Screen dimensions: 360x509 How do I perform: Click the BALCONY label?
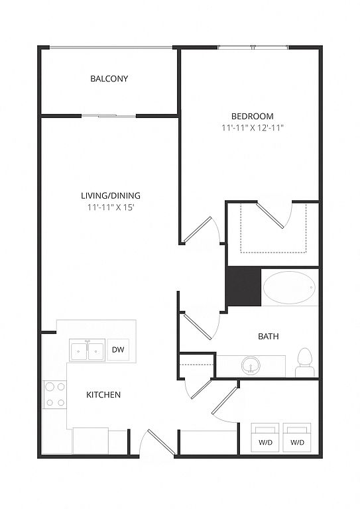click(109, 79)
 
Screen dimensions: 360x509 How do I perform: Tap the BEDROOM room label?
click(252, 116)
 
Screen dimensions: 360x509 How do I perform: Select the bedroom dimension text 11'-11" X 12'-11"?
click(253, 128)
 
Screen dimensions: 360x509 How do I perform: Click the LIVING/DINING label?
click(111, 196)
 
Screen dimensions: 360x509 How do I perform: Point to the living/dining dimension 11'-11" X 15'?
click(111, 207)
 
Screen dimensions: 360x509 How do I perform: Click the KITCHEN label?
click(103, 395)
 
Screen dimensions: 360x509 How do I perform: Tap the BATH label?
click(268, 336)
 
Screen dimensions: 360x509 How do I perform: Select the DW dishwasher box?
click(118, 350)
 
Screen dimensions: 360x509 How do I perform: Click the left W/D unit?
click(266, 437)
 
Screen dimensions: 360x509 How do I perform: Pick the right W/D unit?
click(297, 437)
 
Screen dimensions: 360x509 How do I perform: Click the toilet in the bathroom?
click(305, 363)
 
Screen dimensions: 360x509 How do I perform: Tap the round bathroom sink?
click(251, 365)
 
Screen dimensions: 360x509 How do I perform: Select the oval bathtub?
click(290, 288)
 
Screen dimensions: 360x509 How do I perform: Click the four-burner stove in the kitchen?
click(55, 394)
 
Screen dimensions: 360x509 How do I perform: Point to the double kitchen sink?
click(87, 350)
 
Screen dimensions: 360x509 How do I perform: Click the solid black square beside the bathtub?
click(244, 286)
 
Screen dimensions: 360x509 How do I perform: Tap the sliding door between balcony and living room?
click(109, 116)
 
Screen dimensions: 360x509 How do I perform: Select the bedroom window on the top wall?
click(253, 48)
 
